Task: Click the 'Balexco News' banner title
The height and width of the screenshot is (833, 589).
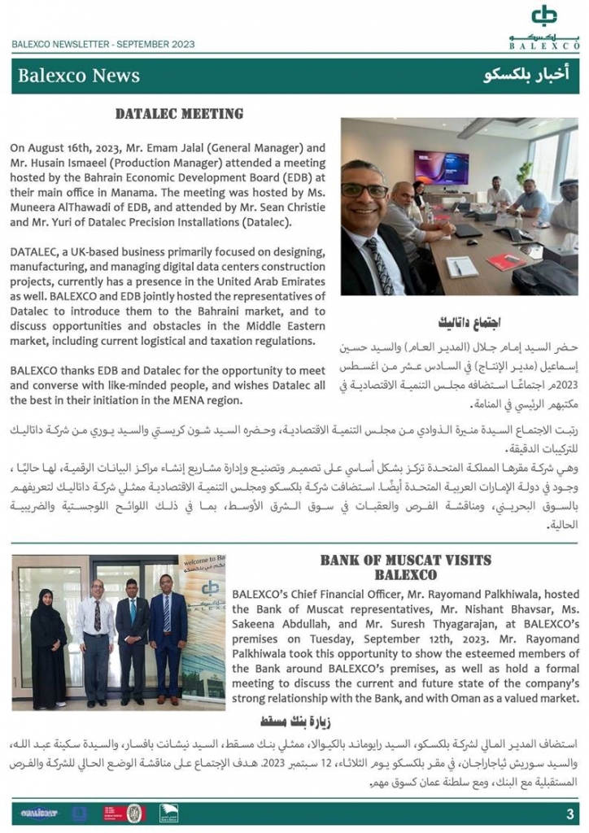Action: (79, 76)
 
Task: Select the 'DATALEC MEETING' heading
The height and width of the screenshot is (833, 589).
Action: (179, 114)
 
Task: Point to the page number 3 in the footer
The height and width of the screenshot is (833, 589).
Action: (569, 814)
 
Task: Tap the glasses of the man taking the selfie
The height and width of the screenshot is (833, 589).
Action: (365, 190)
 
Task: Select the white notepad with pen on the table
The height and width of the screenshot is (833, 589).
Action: (463, 266)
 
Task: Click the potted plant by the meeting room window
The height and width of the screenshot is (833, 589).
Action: (526, 171)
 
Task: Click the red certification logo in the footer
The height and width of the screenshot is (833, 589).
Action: (115, 813)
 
